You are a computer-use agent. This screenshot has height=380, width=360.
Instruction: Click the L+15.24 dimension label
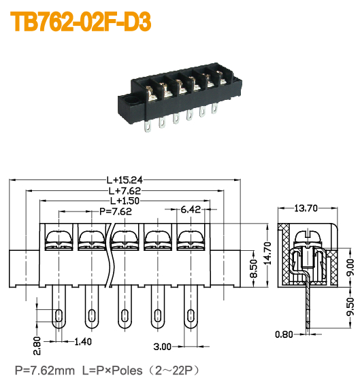pos(124,180)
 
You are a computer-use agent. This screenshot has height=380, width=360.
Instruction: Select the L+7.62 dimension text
pos(124,191)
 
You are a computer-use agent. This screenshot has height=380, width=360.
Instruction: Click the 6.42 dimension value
pos(190,211)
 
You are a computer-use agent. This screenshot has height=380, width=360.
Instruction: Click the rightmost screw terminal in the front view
pos(189,239)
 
